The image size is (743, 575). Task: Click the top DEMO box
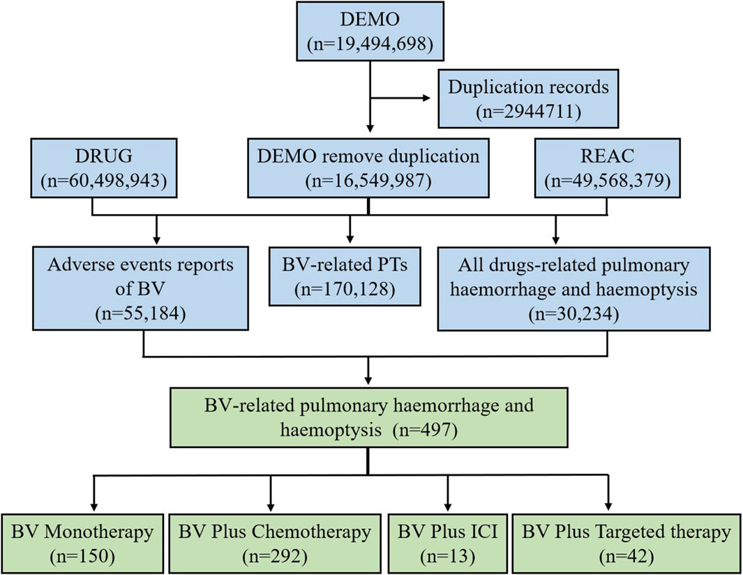click(370, 31)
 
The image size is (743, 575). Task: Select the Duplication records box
click(528, 98)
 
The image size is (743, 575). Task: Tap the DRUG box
click(104, 167)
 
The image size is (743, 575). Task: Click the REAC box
click(608, 167)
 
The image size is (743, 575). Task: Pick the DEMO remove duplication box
click(368, 167)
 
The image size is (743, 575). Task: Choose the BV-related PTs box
click(345, 276)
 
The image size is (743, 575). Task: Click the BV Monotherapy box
click(82, 543)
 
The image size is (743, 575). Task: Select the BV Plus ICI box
click(447, 543)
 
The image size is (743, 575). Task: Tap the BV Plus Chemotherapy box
click(275, 543)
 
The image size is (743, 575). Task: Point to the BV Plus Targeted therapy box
click(626, 543)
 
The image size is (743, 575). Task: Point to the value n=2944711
click(528, 112)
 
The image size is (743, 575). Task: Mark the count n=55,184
click(140, 313)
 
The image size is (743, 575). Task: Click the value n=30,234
click(573, 313)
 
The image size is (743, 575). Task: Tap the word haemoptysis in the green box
click(330, 430)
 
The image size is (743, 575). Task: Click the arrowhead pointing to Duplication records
click(426, 98)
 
